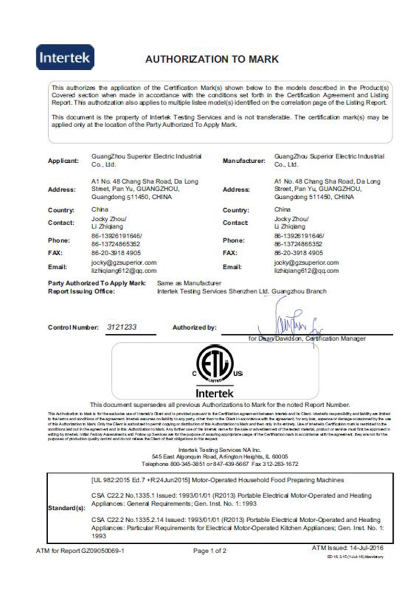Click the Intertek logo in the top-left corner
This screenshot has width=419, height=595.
pos(65,57)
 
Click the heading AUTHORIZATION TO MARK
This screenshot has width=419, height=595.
pos(212,59)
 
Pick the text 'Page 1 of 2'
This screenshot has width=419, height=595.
pos(210,551)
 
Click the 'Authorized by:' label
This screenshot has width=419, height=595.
pos(194,328)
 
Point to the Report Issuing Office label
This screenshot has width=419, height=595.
pos(81,291)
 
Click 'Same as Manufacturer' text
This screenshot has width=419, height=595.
pos(190,283)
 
